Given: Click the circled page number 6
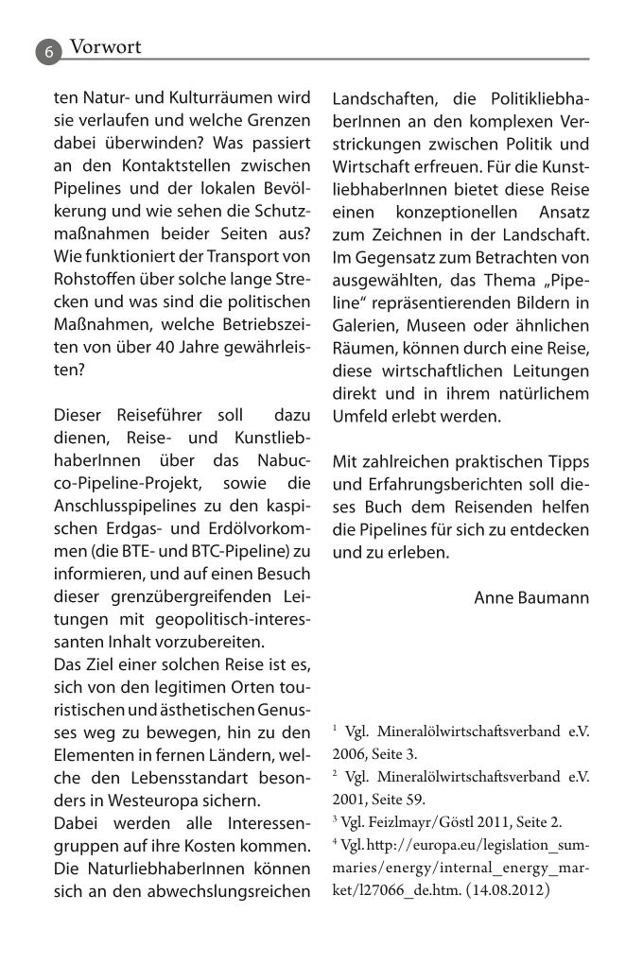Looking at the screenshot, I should pyautogui.click(x=49, y=51).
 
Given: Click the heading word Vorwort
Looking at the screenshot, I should pyautogui.click(x=106, y=46).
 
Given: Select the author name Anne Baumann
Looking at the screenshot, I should pyautogui.click(x=530, y=597).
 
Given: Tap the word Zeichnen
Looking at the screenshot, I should pyautogui.click(x=413, y=234).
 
